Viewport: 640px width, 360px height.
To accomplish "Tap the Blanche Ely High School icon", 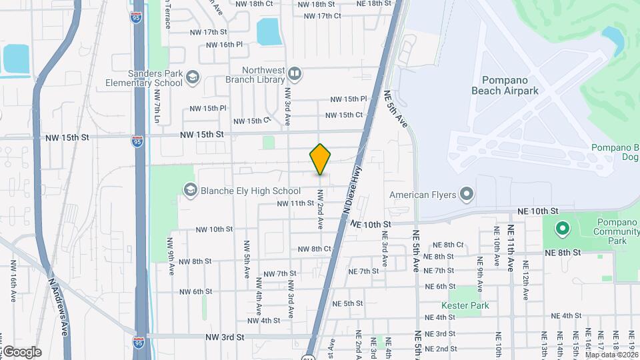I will point(191,191).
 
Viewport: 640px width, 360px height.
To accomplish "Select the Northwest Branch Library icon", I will point(294,73).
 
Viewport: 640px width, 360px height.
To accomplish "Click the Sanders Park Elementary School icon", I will point(192,78).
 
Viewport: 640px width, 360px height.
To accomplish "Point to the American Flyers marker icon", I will point(466,195).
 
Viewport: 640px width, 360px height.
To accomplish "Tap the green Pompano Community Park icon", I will point(562,229).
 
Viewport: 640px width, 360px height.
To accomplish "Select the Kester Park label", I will point(469,305).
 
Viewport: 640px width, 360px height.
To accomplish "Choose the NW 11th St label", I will point(295,203).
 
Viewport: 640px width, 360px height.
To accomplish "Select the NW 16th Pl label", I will point(224,45).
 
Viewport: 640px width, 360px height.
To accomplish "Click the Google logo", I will point(21,351).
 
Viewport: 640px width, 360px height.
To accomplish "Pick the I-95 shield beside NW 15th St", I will point(137,141).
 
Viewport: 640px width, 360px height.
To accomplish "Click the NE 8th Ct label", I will point(448,245).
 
